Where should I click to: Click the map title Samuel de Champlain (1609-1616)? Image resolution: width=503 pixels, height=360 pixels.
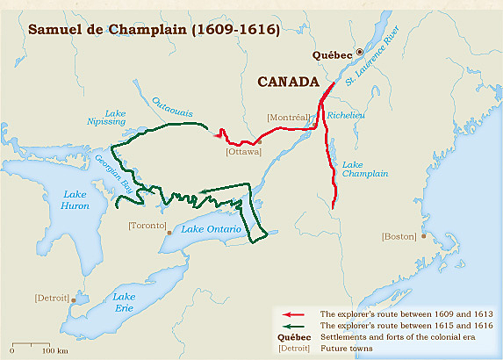click(x=154, y=28)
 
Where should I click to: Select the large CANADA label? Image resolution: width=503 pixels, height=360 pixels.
click(x=287, y=82)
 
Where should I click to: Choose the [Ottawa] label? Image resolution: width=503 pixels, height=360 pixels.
click(x=243, y=151)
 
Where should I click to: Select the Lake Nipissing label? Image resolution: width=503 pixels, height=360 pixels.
click(x=116, y=119)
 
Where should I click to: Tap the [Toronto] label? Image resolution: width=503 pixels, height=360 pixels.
click(x=147, y=226)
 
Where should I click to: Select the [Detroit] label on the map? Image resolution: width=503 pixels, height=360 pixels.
click(x=51, y=298)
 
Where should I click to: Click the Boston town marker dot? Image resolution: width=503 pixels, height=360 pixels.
click(x=424, y=235)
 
